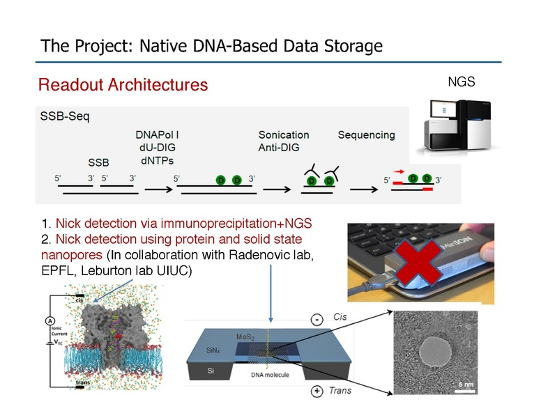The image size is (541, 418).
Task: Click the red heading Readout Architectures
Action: [x=123, y=85]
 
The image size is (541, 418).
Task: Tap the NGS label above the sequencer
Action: [x=461, y=82]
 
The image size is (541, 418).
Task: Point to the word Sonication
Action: [x=283, y=134]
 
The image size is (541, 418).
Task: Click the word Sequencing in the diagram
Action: [x=366, y=134]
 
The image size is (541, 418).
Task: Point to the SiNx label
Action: [x=203, y=354]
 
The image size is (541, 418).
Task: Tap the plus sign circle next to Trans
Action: [x=317, y=391]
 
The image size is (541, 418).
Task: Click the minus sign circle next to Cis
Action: [x=317, y=320]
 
